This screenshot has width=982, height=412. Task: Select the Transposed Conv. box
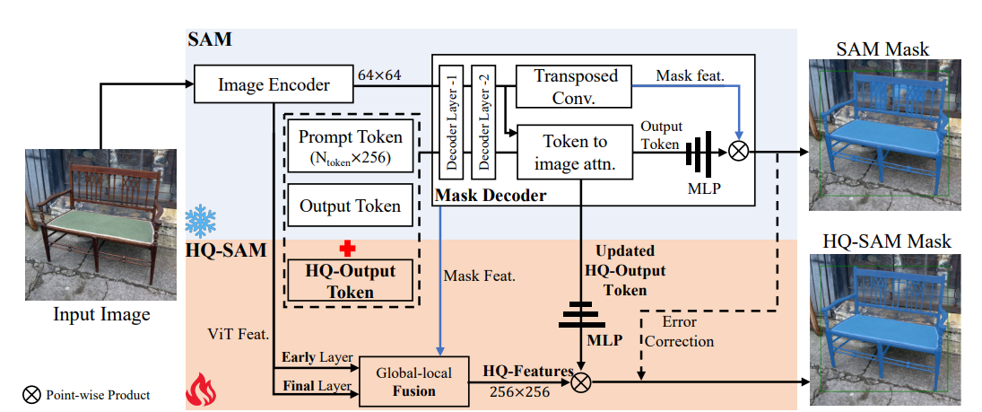coord(576,86)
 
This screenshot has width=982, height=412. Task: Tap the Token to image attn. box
coord(576,152)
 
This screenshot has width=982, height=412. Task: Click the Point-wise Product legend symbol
coord(33,394)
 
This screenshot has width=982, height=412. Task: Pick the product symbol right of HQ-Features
coord(582,381)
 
